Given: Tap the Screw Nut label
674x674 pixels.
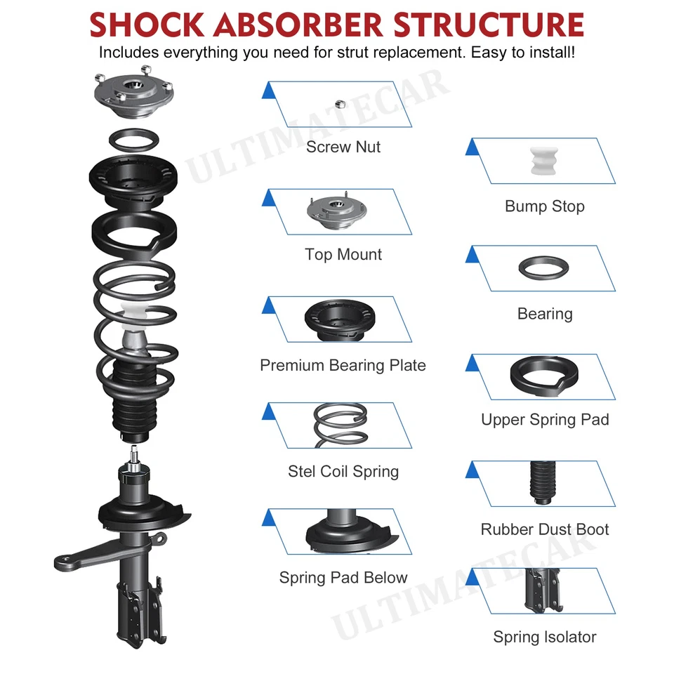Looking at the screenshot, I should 343,147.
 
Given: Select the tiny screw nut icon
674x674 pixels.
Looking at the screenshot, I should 338,104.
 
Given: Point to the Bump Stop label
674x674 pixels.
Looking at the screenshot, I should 544,206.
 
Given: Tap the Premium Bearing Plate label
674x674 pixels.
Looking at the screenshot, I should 343,366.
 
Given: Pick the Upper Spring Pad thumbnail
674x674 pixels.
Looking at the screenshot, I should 543,378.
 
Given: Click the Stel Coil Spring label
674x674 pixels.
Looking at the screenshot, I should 343,472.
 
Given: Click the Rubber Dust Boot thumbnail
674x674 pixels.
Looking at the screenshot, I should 541,483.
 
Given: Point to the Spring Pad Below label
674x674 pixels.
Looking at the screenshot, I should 343,578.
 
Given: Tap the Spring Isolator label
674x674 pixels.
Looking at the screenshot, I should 544,637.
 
